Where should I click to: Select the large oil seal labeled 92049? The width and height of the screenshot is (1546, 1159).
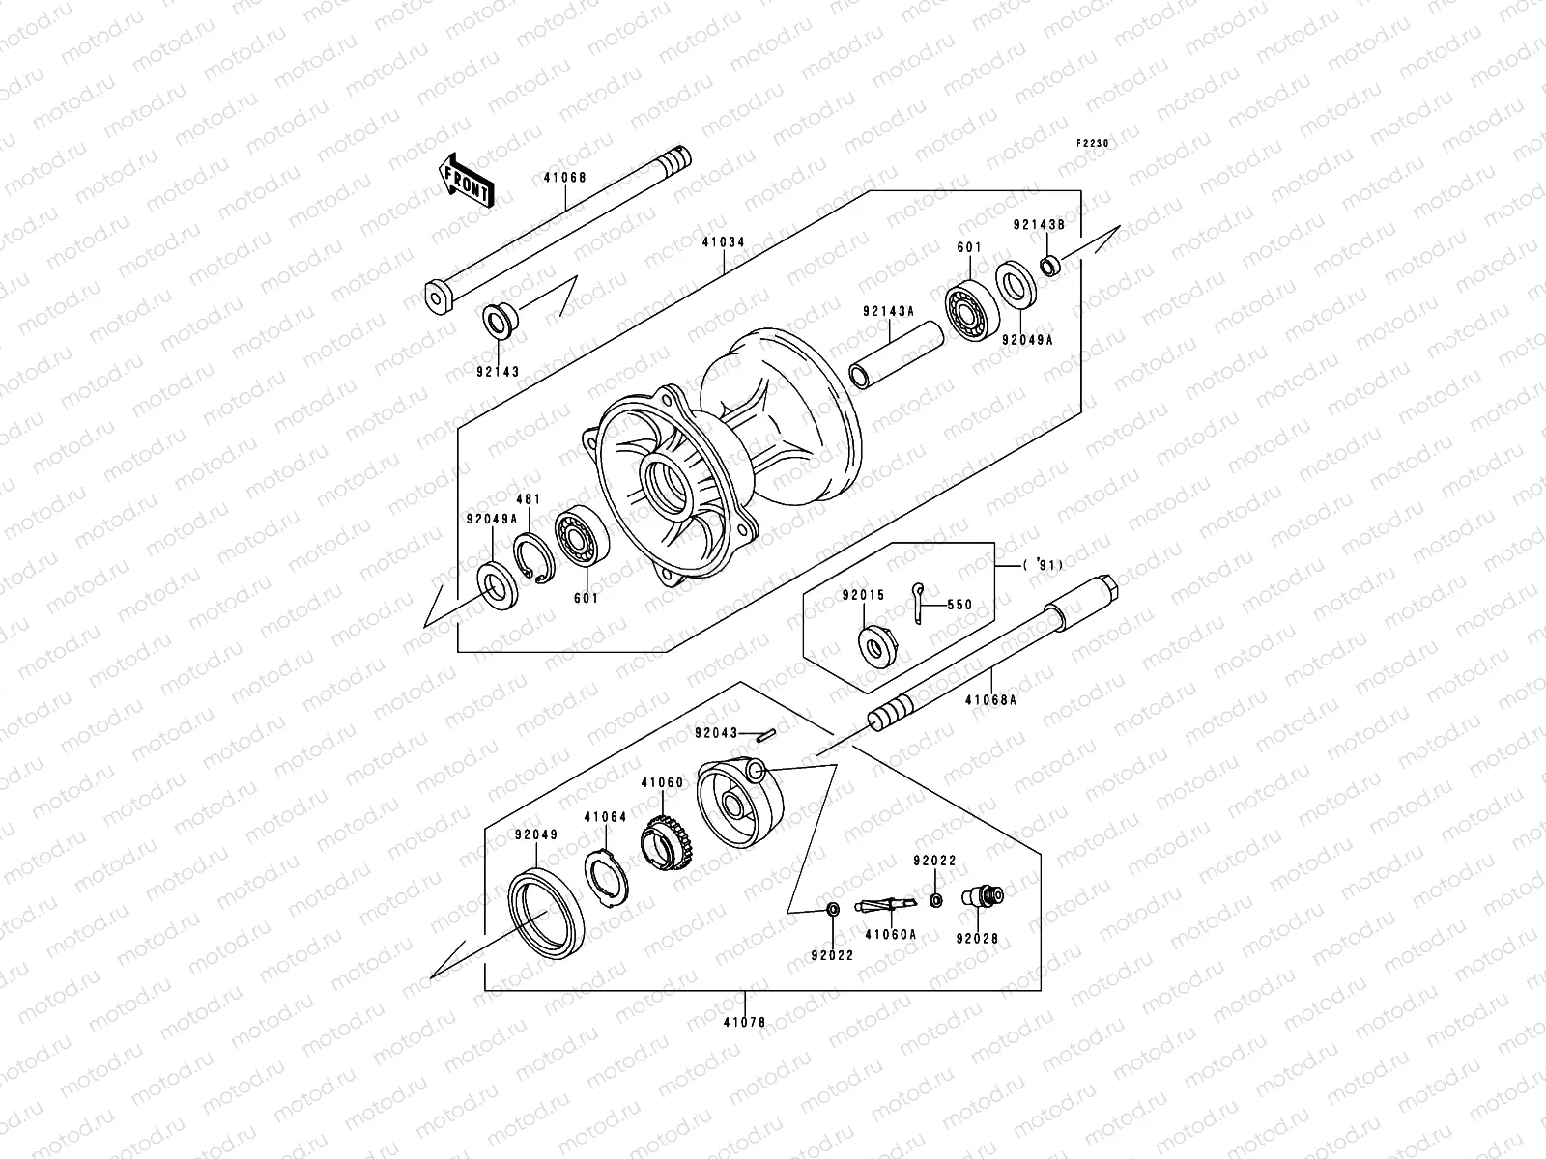click(x=546, y=907)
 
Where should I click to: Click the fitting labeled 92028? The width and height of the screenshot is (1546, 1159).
click(x=983, y=896)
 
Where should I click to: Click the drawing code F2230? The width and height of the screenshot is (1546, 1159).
click(x=1095, y=143)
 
